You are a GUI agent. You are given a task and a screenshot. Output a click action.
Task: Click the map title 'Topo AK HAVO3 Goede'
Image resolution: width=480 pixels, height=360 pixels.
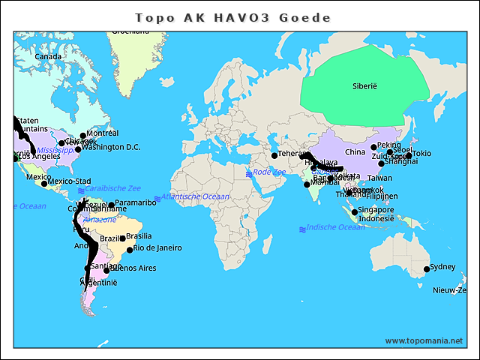pos(232,17)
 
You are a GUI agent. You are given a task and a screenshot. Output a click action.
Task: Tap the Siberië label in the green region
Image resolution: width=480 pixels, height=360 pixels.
pos(364,86)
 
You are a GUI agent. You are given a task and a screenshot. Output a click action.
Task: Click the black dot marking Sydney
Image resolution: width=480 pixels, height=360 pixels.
pos(427,269)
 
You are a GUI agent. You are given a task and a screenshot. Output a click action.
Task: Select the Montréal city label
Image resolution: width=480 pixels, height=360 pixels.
pos(103,133)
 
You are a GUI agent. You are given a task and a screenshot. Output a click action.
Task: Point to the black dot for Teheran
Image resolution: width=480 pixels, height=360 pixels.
pos(274,155)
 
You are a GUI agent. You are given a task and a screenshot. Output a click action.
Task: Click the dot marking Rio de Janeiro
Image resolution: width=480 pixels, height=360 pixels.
pos(130,250)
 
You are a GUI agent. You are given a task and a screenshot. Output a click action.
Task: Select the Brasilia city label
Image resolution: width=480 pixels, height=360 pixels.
pos(139,236)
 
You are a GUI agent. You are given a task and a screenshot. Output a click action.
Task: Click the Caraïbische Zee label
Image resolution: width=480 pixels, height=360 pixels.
pos(112,188)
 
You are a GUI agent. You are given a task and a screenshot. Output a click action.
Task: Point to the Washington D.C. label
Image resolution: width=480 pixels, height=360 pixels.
pos(112,147)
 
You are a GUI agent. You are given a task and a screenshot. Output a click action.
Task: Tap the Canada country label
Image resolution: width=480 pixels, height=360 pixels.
pos(48,57)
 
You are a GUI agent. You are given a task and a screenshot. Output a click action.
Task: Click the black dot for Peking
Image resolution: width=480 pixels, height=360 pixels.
pos(373,147)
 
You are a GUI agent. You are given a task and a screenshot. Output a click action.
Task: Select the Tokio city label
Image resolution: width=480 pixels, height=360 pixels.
pos(421,154)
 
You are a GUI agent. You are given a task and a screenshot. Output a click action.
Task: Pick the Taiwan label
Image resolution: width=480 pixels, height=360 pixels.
pos(379,178)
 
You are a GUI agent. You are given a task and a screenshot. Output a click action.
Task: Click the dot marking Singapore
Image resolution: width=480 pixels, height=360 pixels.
pos(355,212)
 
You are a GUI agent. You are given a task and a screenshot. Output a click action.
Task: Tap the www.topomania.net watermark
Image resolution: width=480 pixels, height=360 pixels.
pos(424,340)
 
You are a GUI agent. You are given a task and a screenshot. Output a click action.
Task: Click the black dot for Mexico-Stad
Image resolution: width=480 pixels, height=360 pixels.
pos(44,183)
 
